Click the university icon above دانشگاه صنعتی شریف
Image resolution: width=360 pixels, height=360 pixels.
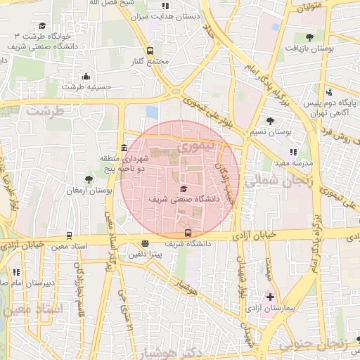coord(184,188)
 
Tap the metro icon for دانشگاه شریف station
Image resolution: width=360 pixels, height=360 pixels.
coord(187,233)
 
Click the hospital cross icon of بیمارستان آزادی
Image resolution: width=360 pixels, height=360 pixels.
coord(270,297)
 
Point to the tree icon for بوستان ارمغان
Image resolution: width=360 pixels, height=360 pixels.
coord(88,180)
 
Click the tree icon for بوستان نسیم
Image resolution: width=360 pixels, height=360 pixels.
coord(270,121)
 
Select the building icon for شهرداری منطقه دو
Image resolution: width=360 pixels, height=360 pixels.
coord(124,148)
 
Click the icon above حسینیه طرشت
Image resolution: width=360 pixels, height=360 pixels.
coord(86,76)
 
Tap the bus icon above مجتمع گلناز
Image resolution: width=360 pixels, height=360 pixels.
coord(149,51)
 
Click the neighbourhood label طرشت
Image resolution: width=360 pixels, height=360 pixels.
coord(44,111)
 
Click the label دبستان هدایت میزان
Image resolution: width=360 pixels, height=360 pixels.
coord(167,15)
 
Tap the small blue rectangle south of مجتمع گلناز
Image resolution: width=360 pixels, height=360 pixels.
coord(152,112)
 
